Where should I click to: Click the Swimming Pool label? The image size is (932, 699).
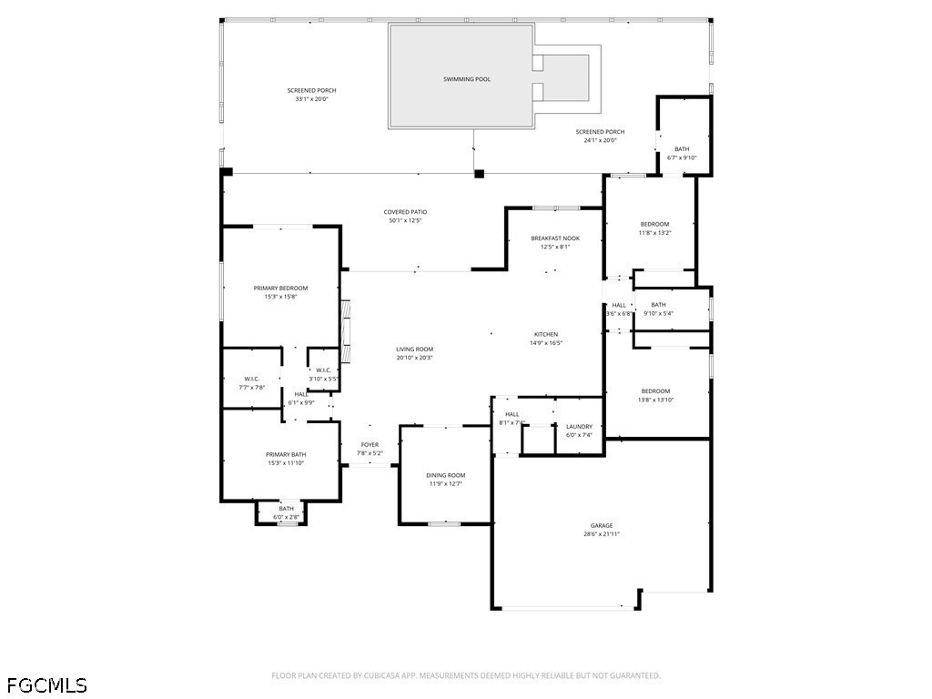pos(467,79)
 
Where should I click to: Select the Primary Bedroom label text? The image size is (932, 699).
pos(280,289)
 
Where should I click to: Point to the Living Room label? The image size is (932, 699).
pos(414,349)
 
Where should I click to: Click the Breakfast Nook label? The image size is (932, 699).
pos(555,238)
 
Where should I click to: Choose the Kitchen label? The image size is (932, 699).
pos(546,335)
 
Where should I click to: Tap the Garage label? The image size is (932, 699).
pos(602,526)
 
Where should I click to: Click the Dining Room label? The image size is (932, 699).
pos(446,475)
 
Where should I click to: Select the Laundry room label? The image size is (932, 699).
pos(579,427)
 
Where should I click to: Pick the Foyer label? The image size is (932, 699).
pos(370,445)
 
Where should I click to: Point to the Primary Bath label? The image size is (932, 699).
pos(286,455)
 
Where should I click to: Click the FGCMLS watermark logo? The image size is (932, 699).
pos(46,684)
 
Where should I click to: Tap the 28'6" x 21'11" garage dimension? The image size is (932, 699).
pos(602,534)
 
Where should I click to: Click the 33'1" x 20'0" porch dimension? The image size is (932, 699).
pos(312,98)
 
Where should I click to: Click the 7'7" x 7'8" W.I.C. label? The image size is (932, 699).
pos(252,388)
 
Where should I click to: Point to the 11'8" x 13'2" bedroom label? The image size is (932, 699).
pos(654,232)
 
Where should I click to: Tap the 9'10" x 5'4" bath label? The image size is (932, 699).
pos(658,313)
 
